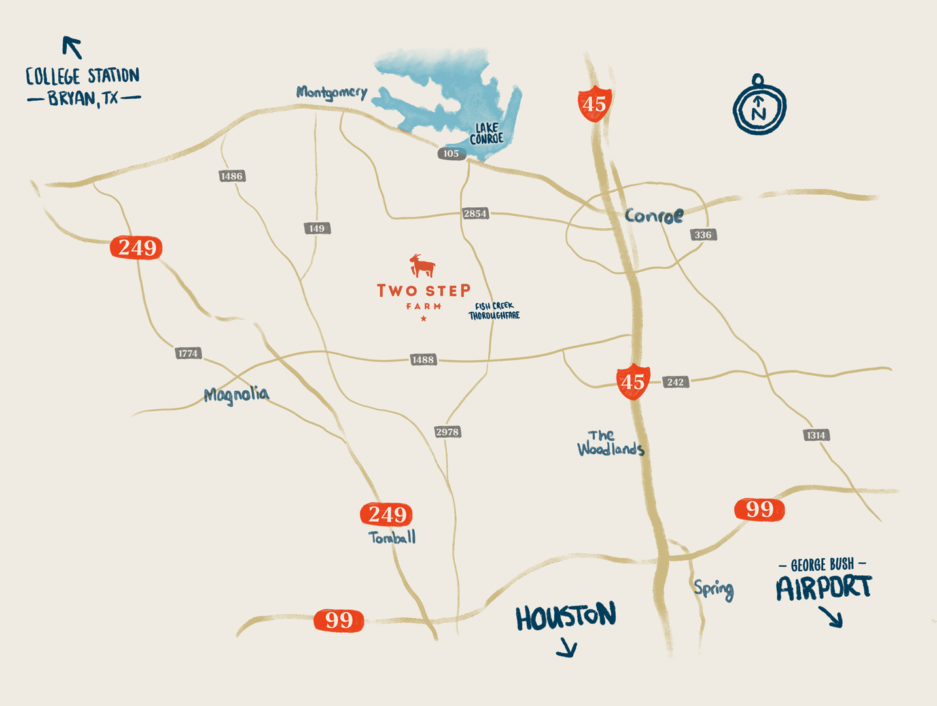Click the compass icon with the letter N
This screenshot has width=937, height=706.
point(759,106)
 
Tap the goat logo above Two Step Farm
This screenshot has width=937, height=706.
point(422,265)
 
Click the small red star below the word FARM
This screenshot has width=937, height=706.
point(424,318)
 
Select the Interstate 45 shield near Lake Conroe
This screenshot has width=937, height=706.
point(594,103)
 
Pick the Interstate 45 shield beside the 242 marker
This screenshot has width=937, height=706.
point(633,381)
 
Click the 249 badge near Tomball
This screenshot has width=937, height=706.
point(386,514)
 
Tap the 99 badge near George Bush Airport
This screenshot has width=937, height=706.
point(759,509)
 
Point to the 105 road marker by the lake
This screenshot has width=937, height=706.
point(451,154)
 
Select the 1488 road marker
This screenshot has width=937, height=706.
point(423,360)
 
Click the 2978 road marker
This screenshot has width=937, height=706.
point(448,432)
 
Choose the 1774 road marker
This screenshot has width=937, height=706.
point(188,353)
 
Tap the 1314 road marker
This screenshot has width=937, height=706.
point(816,435)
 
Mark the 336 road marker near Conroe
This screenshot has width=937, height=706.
point(703,235)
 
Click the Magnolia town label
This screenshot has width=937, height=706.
point(236,394)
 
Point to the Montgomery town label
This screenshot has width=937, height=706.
point(332,92)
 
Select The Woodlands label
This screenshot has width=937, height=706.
point(610,443)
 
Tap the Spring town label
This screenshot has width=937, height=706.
point(714,589)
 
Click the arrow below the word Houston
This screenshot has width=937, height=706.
point(567,648)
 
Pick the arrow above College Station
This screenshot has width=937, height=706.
point(72,47)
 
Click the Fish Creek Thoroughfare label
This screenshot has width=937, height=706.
point(494,311)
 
